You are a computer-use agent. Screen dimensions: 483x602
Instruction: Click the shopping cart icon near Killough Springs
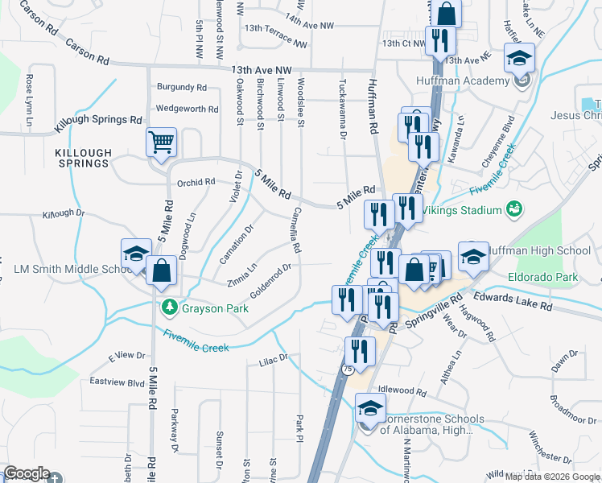tap(162, 142)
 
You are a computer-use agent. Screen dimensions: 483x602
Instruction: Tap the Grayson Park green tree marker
tap(169, 307)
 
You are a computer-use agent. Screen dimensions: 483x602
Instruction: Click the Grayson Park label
tap(208, 307)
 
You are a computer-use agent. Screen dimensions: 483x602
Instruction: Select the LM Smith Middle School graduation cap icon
tap(136, 254)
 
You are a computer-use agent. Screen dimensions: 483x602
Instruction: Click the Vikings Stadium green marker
tap(513, 211)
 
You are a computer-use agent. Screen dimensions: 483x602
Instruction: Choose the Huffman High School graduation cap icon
tap(473, 257)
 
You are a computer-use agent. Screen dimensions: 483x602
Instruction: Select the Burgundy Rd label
tap(182, 87)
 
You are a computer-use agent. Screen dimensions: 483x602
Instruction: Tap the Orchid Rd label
tap(196, 182)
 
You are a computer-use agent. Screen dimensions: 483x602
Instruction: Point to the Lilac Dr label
tap(273, 358)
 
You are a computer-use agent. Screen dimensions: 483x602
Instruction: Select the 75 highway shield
tap(348, 369)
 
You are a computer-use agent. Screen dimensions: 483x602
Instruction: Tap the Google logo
tap(27, 474)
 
